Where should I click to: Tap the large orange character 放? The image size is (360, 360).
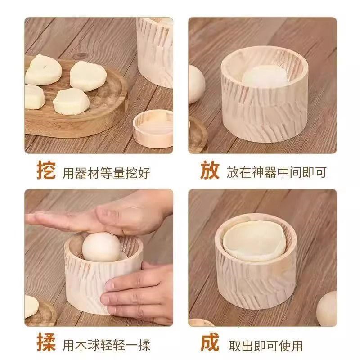(x=210, y=171)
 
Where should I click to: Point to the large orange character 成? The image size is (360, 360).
(x=210, y=345)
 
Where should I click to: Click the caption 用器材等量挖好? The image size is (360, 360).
(x=106, y=173)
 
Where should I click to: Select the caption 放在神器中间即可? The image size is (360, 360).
(x=276, y=172)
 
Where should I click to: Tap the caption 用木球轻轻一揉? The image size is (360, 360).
(x=106, y=346)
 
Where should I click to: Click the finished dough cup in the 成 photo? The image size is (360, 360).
(x=254, y=241)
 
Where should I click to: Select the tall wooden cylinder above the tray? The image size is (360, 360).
(x=155, y=49)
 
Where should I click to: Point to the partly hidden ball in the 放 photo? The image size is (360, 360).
(x=196, y=84)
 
